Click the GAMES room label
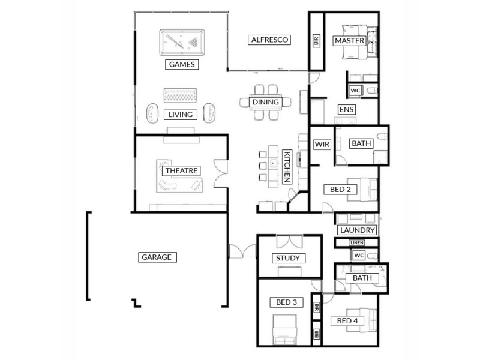(x=181, y=64)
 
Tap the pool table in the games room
(x=182, y=43)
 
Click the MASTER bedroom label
(x=350, y=41)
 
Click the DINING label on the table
(x=265, y=102)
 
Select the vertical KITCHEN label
(x=287, y=167)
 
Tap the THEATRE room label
(x=181, y=171)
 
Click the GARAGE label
(x=157, y=257)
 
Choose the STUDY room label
(x=287, y=259)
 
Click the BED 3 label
(x=287, y=302)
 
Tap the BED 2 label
(x=341, y=190)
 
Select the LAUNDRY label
(x=357, y=230)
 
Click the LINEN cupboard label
(x=357, y=242)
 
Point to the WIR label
(x=320, y=144)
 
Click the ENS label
(x=346, y=110)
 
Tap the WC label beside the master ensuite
(x=355, y=91)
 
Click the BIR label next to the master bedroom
(x=316, y=41)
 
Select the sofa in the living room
(x=181, y=96)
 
